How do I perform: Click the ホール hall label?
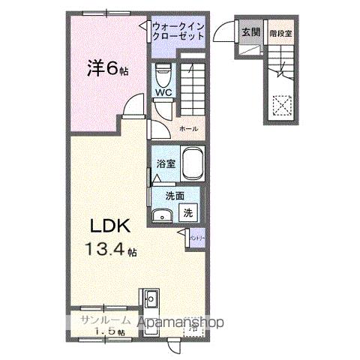point(188,128)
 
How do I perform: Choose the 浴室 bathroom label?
point(165,162)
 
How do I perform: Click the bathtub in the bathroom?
point(194,163)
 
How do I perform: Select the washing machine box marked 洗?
point(189,212)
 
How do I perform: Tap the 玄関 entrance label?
point(250,31)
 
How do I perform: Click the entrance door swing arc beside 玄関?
point(223,31)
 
